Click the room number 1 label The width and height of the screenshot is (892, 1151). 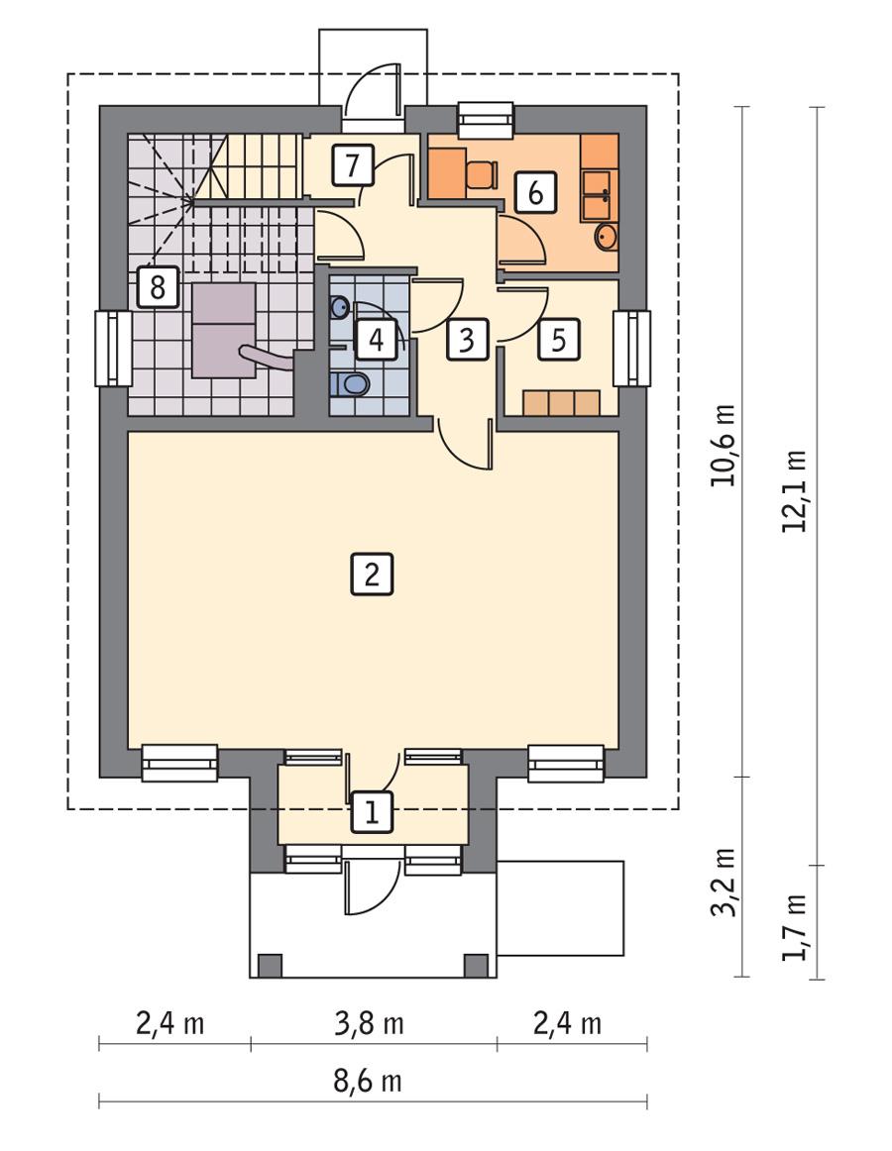tap(373, 812)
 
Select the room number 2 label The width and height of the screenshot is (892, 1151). tap(372, 574)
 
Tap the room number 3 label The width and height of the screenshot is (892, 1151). tap(467, 339)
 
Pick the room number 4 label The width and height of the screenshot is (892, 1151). tap(377, 339)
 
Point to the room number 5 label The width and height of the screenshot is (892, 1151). tap(558, 339)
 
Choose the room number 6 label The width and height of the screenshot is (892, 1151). tap(535, 192)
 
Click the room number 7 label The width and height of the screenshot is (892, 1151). tap(353, 164)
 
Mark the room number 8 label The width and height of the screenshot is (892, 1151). tap(158, 286)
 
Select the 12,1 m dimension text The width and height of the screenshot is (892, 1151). tap(795, 491)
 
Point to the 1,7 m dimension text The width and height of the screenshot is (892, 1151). tap(795, 926)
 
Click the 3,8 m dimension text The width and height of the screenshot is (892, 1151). tap(369, 1023)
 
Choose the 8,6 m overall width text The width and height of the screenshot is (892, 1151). tap(368, 1082)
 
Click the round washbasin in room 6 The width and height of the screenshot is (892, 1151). tap(606, 237)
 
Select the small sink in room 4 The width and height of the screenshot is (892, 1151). tap(340, 306)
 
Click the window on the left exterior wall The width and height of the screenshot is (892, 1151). tap(114, 348)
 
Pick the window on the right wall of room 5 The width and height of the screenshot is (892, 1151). tap(632, 348)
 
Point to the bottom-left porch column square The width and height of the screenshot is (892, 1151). tap(270, 965)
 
